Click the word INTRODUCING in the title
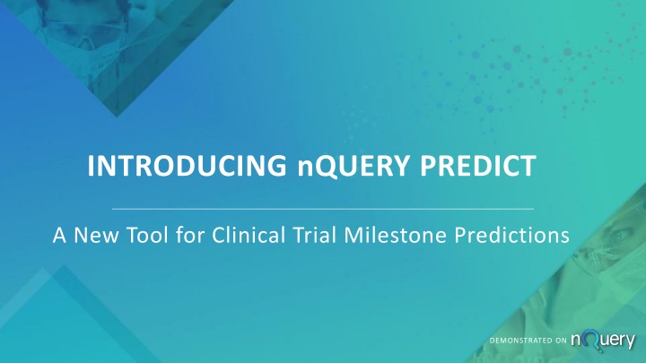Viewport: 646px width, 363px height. pos(187,166)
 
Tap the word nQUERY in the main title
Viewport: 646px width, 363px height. pos(354,167)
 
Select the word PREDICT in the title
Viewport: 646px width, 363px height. pos(478,166)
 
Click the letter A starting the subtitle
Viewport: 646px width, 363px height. pos(60,236)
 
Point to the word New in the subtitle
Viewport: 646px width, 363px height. pos(96,236)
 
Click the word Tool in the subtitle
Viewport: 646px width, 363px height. pos(147,235)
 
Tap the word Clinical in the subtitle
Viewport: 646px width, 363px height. pos(249,235)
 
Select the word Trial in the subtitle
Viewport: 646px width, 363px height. pos(314,235)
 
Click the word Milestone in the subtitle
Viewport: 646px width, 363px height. pos(395,235)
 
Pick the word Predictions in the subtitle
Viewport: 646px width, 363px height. pos(512,235)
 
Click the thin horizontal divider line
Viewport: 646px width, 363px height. pos(323,209)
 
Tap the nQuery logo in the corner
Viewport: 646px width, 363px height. pos(603,341)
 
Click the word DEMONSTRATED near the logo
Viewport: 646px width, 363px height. pos(520,341)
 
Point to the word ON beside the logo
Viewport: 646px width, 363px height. pos(561,341)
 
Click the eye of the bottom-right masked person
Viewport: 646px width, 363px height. pos(619,236)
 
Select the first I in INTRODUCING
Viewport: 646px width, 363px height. pos(91,166)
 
